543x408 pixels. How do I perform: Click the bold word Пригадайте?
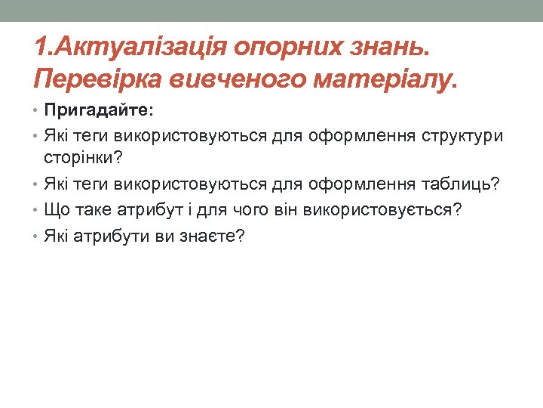[98, 110]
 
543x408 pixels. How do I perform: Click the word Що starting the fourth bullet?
[55, 209]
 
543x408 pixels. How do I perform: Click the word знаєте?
[207, 236]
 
